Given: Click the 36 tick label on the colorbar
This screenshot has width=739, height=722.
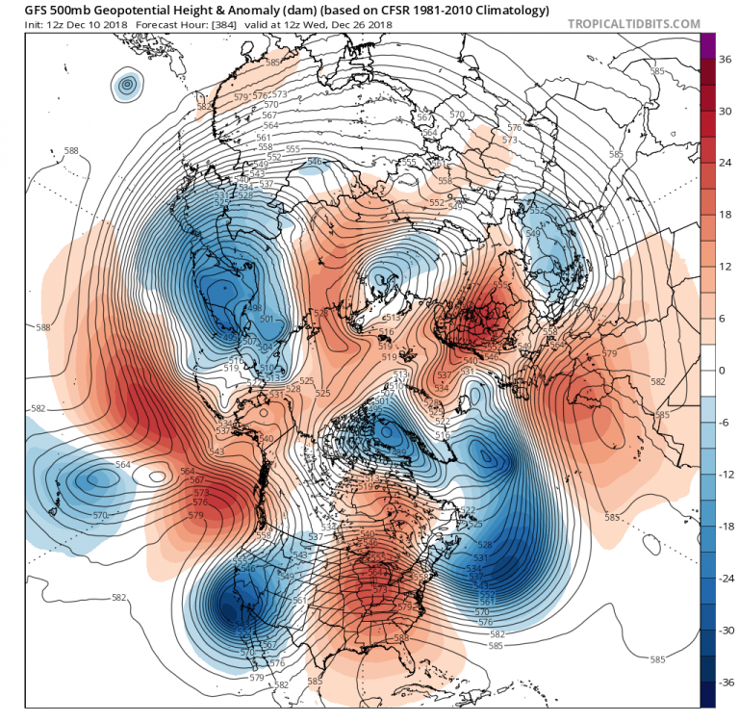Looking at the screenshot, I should (x=726, y=59).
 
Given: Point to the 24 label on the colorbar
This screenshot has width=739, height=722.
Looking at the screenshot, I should (x=726, y=163).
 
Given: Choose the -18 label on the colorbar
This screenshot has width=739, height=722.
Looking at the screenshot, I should (x=727, y=527).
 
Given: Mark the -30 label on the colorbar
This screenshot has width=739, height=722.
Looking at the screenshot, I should (x=727, y=630).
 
